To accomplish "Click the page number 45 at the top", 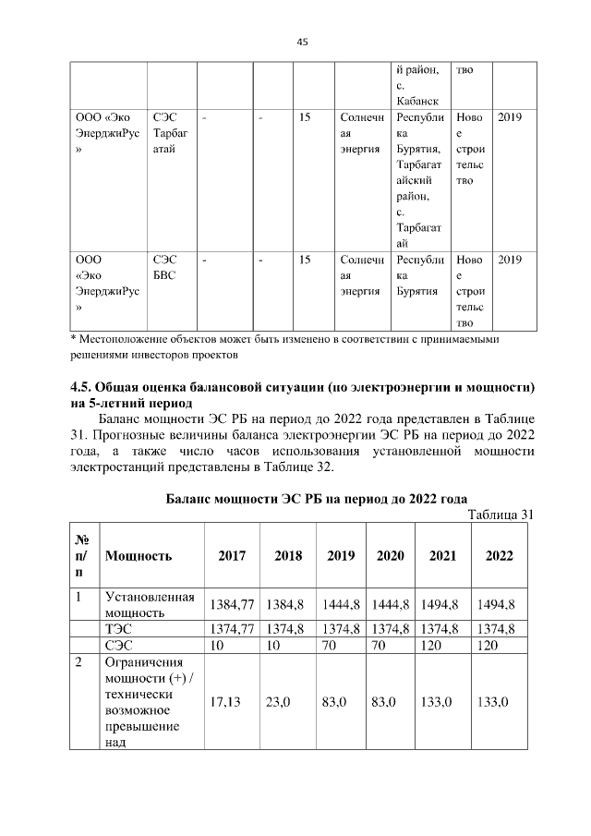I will pos(302,42).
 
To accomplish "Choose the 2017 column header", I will pos(232,556).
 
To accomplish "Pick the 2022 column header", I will pos(499,556).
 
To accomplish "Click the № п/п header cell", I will pos(82,556).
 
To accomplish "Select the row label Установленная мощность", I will pos(149,604).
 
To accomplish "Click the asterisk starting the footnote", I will pos(74,340).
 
